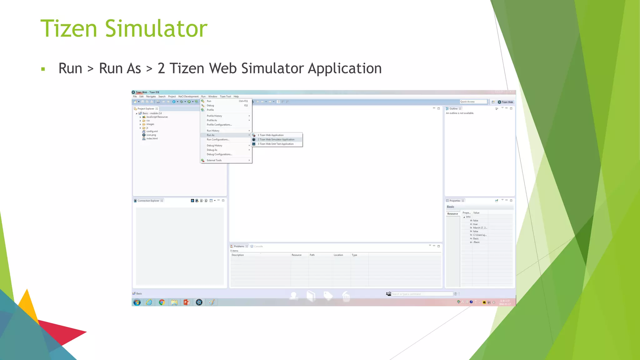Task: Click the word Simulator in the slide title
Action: click(x=156, y=29)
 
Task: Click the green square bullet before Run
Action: click(x=43, y=69)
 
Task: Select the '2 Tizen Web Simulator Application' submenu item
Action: click(x=276, y=140)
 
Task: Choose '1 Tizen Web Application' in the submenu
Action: click(x=271, y=135)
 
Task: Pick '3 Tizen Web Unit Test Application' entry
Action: click(x=276, y=144)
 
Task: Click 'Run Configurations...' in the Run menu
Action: click(x=218, y=140)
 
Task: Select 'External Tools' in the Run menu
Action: click(x=214, y=160)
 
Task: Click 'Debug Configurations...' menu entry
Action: click(x=219, y=154)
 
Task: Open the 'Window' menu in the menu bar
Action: click(x=212, y=97)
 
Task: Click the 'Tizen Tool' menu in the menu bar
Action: click(x=225, y=97)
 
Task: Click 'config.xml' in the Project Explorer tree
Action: click(x=152, y=132)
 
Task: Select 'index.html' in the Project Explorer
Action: click(x=152, y=139)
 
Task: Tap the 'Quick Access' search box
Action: click(x=473, y=102)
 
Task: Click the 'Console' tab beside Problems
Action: click(x=258, y=247)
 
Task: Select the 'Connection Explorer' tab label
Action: click(x=148, y=201)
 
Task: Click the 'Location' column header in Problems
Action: click(x=338, y=255)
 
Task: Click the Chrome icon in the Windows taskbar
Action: click(x=162, y=302)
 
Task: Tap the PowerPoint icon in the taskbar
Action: click(x=187, y=302)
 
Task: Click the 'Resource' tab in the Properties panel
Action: click(x=452, y=214)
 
